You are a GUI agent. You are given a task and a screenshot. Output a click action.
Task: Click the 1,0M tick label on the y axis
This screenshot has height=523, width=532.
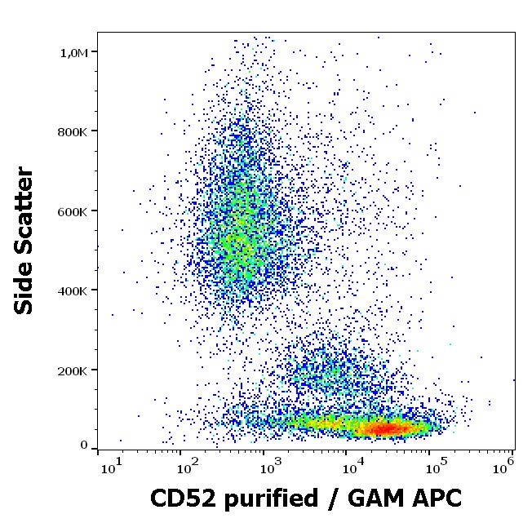[73, 52]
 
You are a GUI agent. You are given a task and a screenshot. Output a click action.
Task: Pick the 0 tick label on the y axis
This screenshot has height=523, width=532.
[83, 445]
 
